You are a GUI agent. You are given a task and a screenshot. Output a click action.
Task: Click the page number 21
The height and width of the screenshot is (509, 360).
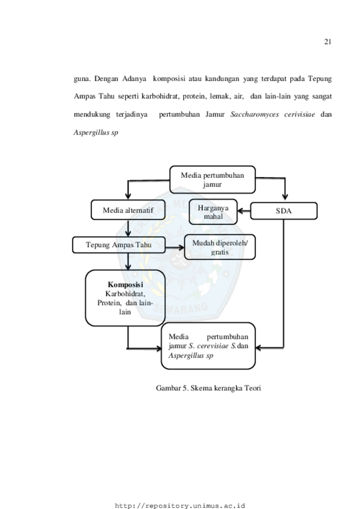(327, 42)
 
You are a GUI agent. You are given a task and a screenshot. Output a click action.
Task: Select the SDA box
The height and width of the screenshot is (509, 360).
(284, 211)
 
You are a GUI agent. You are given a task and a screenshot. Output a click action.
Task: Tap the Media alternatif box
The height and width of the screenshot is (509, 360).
(128, 210)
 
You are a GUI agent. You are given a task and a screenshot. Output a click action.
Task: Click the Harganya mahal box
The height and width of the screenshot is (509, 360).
(213, 212)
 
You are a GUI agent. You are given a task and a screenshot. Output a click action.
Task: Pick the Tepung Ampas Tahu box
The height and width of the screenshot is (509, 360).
(119, 245)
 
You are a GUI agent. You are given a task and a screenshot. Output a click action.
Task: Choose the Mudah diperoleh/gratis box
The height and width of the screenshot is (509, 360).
(220, 248)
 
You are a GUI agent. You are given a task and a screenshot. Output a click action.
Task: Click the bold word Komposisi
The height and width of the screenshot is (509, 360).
(125, 285)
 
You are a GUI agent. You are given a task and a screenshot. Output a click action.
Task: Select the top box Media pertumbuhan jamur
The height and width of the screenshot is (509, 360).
(213, 179)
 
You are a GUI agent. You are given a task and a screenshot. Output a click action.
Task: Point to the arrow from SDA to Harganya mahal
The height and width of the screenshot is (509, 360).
(244, 211)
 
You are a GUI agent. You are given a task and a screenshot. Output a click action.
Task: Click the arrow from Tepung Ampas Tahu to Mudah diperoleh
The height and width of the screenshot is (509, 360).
(174, 248)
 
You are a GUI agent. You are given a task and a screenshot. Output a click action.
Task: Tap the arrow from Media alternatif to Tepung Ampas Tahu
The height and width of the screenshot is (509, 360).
(128, 229)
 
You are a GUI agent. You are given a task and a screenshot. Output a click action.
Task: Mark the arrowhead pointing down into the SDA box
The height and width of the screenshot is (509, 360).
(285, 197)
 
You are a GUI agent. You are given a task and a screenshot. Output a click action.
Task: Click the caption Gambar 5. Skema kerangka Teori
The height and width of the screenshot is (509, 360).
(208, 388)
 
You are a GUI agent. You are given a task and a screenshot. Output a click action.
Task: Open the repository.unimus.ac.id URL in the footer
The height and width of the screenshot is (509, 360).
(180, 506)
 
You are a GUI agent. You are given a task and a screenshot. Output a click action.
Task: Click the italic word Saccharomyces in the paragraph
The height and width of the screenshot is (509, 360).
(255, 114)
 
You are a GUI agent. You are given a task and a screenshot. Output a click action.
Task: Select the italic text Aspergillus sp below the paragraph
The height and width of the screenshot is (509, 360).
(96, 132)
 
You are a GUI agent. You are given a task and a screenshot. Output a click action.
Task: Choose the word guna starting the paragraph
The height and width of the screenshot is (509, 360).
(82, 79)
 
